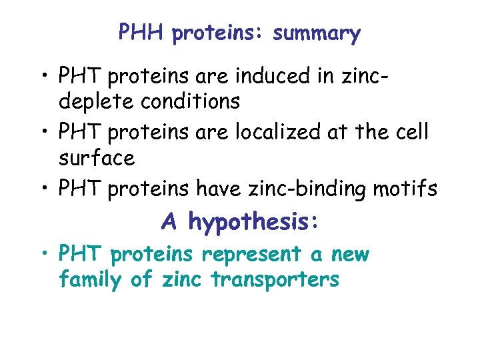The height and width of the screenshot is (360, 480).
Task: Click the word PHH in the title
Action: click(x=141, y=32)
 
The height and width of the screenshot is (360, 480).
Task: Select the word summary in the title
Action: click(x=316, y=33)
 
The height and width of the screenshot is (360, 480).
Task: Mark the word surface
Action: click(x=97, y=159)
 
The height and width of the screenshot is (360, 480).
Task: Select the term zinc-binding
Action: click(x=306, y=189)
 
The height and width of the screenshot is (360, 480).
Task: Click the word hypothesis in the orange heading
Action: click(x=253, y=222)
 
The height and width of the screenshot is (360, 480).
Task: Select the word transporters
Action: click(x=275, y=280)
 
